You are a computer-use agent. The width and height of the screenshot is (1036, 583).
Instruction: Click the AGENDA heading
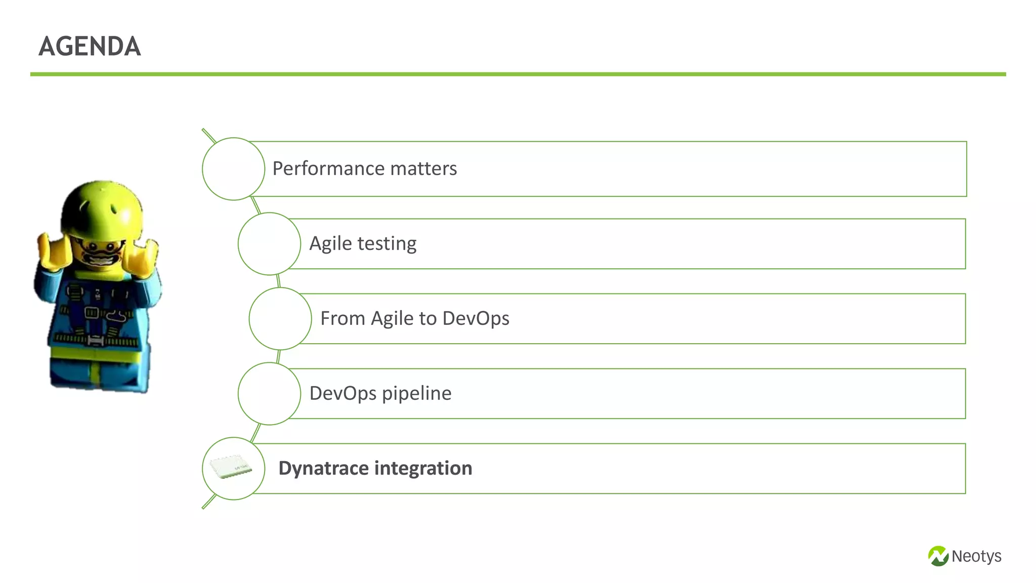pyautogui.click(x=90, y=47)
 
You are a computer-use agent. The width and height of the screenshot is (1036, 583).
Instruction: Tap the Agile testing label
pyautogui.click(x=363, y=243)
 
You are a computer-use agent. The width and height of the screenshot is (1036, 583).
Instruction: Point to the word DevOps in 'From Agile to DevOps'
pyautogui.click(x=476, y=318)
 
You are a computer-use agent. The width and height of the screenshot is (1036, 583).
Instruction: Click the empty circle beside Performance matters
pyautogui.click(x=233, y=169)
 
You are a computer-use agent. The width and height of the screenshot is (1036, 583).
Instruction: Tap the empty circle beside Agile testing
pyautogui.click(x=269, y=243)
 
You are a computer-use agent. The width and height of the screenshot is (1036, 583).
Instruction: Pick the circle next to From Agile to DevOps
pyautogui.click(x=280, y=318)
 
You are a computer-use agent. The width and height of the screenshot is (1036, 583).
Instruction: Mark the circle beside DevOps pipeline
pyautogui.click(x=269, y=393)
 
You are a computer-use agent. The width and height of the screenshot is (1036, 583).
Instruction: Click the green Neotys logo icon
pyautogui.click(x=938, y=556)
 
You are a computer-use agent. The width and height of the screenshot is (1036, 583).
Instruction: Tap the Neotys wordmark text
pyautogui.click(x=976, y=556)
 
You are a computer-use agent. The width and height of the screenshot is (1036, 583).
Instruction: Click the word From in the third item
pyautogui.click(x=342, y=318)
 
